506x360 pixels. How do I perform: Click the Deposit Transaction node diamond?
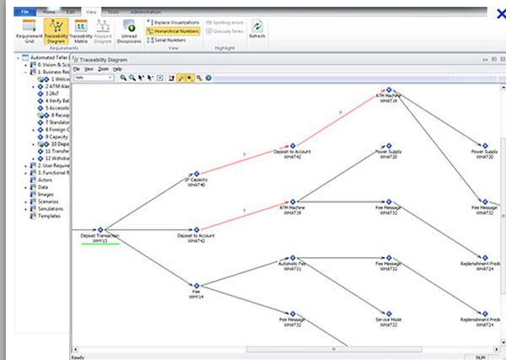(100, 229)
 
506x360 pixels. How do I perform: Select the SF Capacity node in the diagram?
(196, 173)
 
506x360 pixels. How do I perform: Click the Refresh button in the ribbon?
(257, 30)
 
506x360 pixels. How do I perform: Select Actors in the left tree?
(38, 179)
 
